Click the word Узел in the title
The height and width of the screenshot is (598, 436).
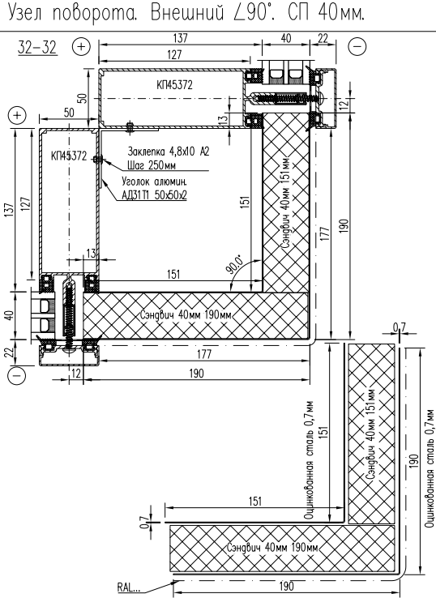(x=25, y=13)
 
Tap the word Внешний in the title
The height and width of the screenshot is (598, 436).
(x=187, y=13)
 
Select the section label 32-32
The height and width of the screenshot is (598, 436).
(x=37, y=48)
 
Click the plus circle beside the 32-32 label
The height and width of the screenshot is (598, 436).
(x=81, y=46)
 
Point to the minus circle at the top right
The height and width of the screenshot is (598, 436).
(x=357, y=46)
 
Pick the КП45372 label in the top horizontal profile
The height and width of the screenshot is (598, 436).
(x=174, y=84)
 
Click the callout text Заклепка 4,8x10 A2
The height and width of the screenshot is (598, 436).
(x=169, y=151)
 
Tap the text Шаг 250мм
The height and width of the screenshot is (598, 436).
(x=152, y=165)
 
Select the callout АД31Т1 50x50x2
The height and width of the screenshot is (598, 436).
(x=154, y=195)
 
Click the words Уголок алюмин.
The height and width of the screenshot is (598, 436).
(x=154, y=181)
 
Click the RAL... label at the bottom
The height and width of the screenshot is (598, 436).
(x=129, y=587)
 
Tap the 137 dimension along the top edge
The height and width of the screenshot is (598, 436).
(x=181, y=38)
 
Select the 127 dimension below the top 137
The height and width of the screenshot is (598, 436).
(x=174, y=54)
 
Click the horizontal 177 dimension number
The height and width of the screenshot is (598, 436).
(x=204, y=354)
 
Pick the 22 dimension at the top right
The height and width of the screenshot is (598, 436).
(x=323, y=38)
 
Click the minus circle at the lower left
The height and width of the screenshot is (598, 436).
(x=17, y=374)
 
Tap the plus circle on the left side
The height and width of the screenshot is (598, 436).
(x=17, y=115)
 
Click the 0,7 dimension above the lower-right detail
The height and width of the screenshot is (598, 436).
(x=400, y=327)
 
